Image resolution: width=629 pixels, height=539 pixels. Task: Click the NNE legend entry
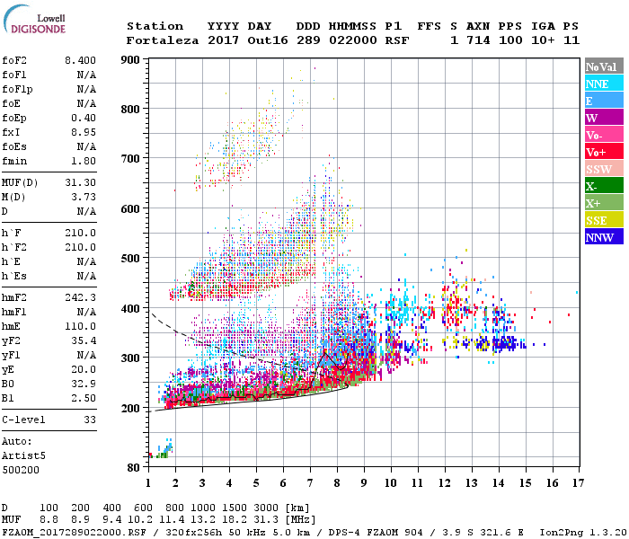[x=604, y=84]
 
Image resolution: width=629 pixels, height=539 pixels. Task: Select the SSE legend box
[x=604, y=221]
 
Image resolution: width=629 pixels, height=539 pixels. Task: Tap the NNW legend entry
[x=604, y=238]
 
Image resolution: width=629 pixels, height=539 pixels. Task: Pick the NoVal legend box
[x=604, y=66]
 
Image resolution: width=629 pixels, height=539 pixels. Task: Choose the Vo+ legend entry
[x=604, y=152]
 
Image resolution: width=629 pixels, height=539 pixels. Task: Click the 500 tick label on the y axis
[x=131, y=259]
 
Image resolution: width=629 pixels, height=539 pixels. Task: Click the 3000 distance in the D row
[x=270, y=508]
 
